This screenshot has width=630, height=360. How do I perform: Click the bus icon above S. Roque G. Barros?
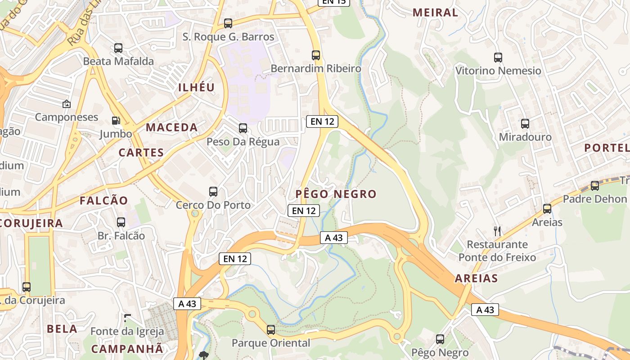click(x=228, y=23)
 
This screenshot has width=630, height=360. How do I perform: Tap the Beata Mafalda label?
click(x=118, y=61)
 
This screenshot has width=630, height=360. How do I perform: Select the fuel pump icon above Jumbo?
click(x=116, y=121)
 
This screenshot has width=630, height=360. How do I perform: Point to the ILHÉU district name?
click(x=197, y=87)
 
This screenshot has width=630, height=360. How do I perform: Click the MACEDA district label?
click(x=171, y=127)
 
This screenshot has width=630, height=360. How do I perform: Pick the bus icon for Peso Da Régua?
click(x=243, y=128)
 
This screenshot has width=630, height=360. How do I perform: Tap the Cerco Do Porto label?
click(x=213, y=205)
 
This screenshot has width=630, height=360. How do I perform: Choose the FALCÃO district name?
click(x=104, y=201)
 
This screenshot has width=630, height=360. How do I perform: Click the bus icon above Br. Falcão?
click(x=121, y=222)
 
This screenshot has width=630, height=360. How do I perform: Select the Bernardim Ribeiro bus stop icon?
click(x=316, y=55)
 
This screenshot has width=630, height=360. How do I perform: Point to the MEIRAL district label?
click(x=435, y=13)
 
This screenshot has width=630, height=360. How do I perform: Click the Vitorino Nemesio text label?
click(x=498, y=71)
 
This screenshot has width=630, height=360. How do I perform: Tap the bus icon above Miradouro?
click(x=525, y=124)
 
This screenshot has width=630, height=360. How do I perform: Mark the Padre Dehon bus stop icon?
click(x=595, y=186)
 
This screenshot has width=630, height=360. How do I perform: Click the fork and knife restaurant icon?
click(x=497, y=231)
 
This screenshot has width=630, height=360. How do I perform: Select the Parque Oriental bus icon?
click(x=271, y=330)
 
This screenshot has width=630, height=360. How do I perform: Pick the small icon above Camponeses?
click(x=67, y=104)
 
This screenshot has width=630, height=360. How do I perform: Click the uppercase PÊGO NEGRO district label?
click(x=336, y=194)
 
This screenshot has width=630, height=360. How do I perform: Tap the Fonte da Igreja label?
click(x=127, y=332)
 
